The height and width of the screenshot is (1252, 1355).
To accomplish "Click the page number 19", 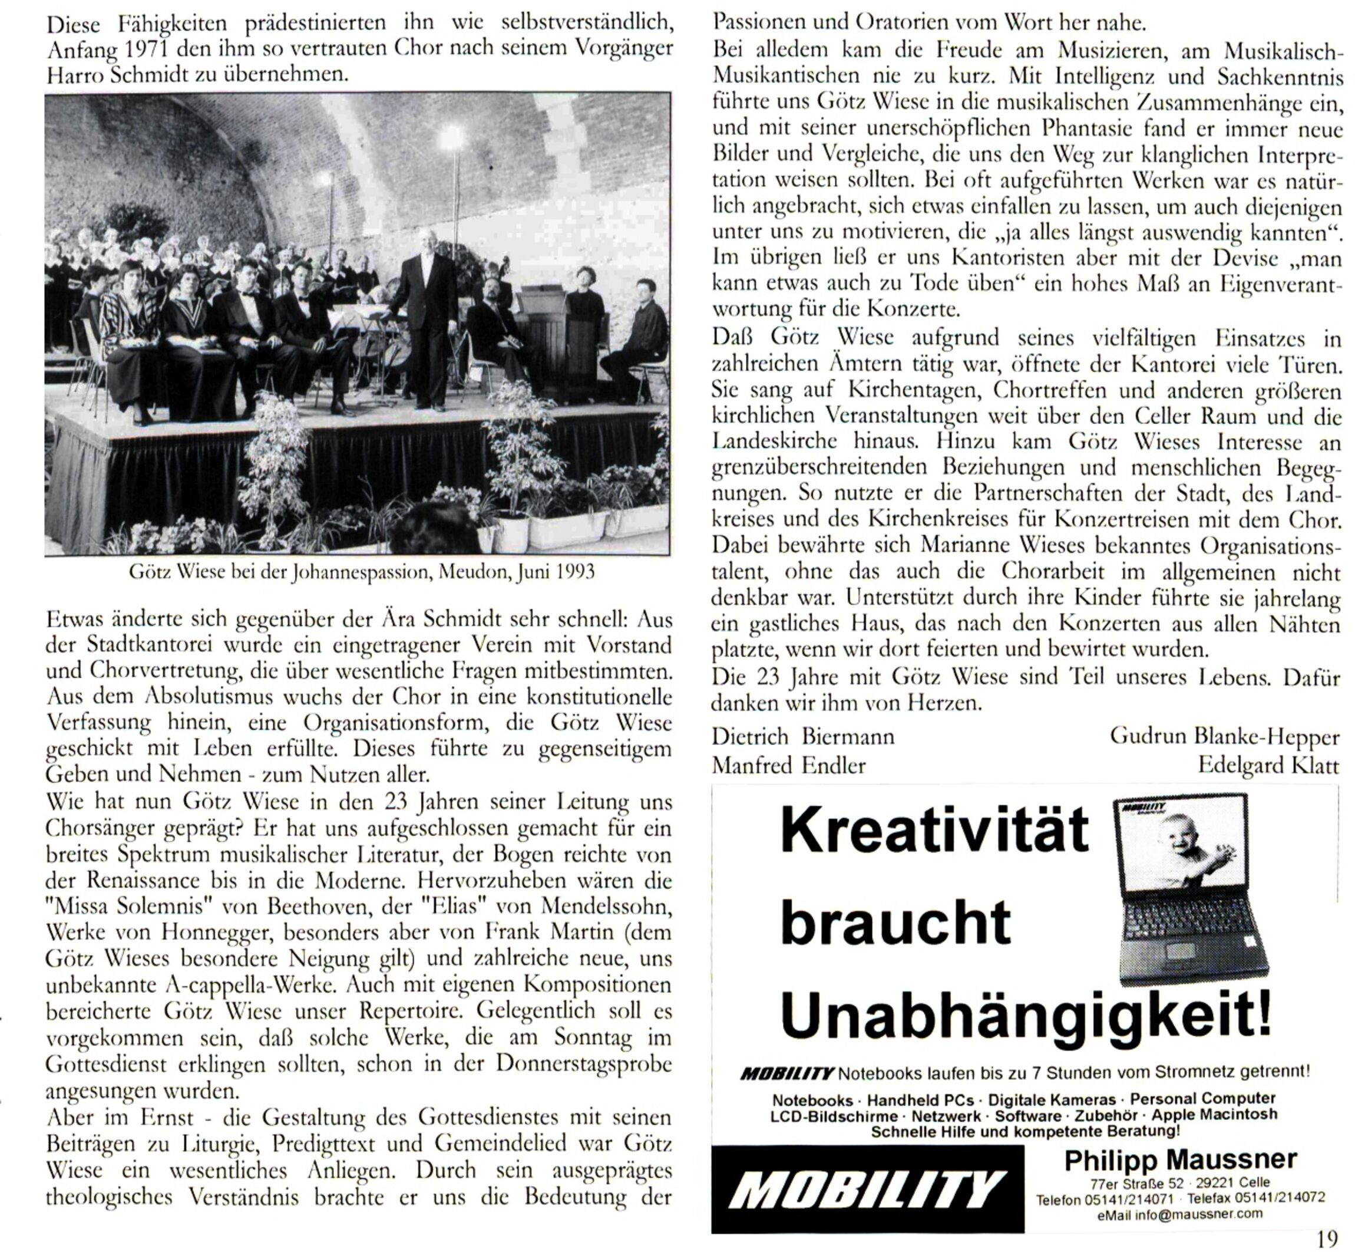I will (x=1328, y=1238).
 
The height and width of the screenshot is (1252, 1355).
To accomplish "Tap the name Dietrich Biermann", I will (x=802, y=736).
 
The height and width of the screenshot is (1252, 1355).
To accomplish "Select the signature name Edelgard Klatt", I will (x=1268, y=766).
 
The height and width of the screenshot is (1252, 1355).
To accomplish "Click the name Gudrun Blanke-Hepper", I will (x=1224, y=736).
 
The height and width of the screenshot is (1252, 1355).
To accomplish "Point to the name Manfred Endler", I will (x=788, y=766).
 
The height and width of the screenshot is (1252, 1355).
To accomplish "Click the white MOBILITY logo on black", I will (x=868, y=1190).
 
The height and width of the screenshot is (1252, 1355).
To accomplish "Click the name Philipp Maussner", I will (x=1180, y=1160).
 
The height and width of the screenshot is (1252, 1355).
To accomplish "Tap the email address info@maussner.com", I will (x=1198, y=1213).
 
